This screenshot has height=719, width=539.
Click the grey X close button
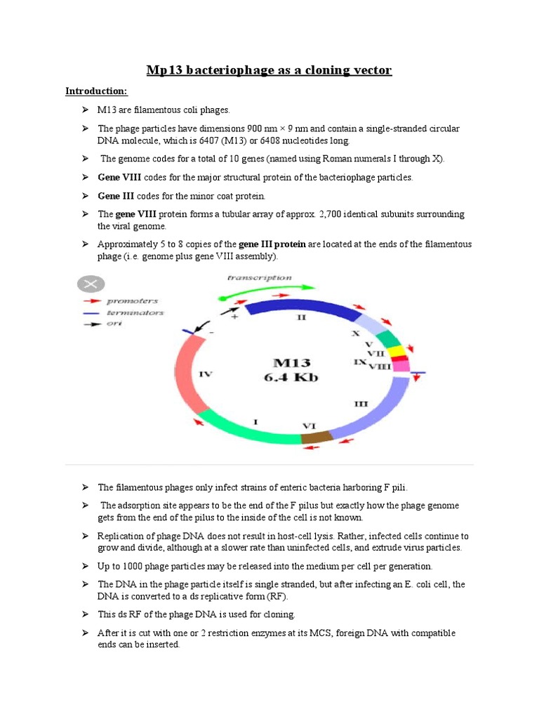pyautogui.click(x=91, y=284)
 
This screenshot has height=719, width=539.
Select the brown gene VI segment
pyautogui.click(x=317, y=437)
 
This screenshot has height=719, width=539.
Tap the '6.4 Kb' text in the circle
pyautogui.click(x=295, y=378)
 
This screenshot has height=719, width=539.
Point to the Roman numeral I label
pyautogui.click(x=255, y=422)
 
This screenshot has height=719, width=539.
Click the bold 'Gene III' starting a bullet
pyautogui.click(x=116, y=196)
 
